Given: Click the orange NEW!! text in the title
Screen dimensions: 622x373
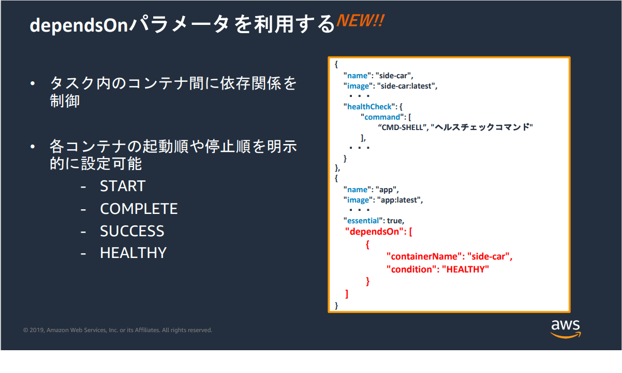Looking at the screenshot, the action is point(361,21).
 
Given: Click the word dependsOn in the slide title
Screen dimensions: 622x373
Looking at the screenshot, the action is point(79,25).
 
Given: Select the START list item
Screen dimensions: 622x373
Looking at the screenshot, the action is point(123,186).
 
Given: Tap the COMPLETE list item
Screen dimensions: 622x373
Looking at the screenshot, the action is point(139,209).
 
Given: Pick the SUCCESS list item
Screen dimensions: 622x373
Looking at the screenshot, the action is point(132,231).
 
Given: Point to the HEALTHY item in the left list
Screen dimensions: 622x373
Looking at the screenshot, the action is point(134,253).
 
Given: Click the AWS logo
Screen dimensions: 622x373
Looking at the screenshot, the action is point(566,329).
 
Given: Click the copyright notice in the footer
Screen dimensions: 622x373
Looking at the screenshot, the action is point(117,330).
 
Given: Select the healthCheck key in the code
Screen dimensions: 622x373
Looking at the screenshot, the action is point(369,107).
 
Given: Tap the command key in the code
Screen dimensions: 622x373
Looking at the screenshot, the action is point(382,117).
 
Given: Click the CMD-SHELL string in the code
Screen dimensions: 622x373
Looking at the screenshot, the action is point(402,127).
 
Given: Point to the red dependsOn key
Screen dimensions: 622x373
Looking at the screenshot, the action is point(374,232).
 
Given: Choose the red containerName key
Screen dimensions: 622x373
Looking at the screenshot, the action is point(424,256).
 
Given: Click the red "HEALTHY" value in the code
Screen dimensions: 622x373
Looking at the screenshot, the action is point(465,269).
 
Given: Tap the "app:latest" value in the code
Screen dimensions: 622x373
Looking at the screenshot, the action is point(399,200).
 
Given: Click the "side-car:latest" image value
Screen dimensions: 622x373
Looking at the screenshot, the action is point(406,86).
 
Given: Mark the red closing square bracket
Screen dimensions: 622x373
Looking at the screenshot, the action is point(347,294).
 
